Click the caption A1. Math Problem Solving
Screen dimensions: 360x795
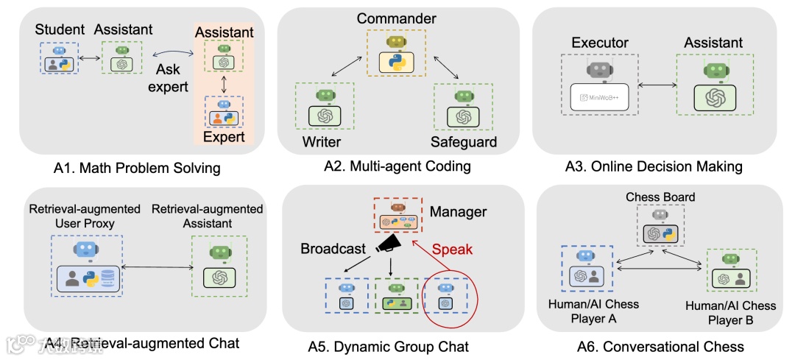(x=137, y=168)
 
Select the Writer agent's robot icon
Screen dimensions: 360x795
(x=325, y=95)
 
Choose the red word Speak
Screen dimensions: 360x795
(x=452, y=249)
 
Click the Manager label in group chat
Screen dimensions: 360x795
(x=458, y=212)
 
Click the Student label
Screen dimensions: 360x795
(x=60, y=30)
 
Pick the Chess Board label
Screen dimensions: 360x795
(x=660, y=197)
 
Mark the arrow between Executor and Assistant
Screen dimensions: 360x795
(x=657, y=86)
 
